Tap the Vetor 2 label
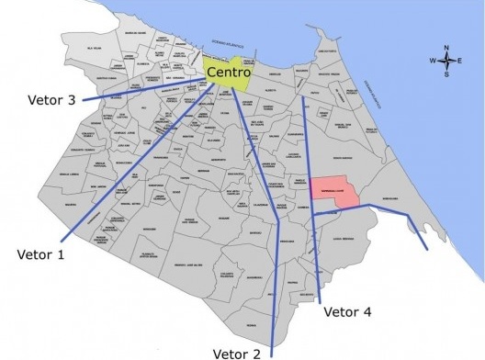click(x=237, y=352)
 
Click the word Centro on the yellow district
click(x=229, y=72)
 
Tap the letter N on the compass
click(x=446, y=48)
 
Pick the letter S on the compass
click(x=446, y=74)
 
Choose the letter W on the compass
click(x=432, y=62)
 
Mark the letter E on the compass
click(x=458, y=62)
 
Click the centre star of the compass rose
click(x=446, y=62)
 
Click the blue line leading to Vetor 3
click(x=138, y=90)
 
